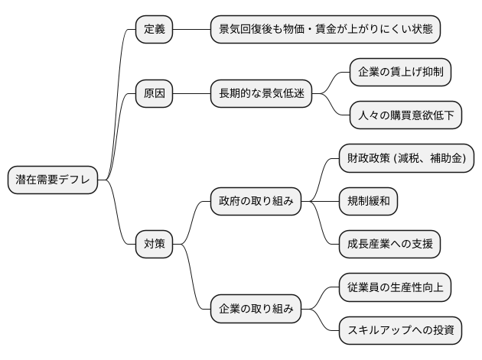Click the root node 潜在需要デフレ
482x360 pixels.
coord(53,180)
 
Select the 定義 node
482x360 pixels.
coord(154,30)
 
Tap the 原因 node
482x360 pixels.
coord(154,94)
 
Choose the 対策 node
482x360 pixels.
coord(154,245)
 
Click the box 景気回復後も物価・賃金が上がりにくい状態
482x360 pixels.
coord(326,30)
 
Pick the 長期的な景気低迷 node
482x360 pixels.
coord(261,94)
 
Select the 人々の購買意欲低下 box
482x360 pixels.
coord(405,115)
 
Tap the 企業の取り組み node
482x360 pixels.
coord(256,310)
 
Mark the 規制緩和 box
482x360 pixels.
coord(368,202)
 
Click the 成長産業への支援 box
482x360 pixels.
coord(389,245)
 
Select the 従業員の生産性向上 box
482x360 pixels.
coord(395,287)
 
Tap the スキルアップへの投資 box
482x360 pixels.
coord(400,330)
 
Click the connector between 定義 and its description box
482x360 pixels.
coord(191,30)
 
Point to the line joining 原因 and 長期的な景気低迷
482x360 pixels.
coord(191,94)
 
